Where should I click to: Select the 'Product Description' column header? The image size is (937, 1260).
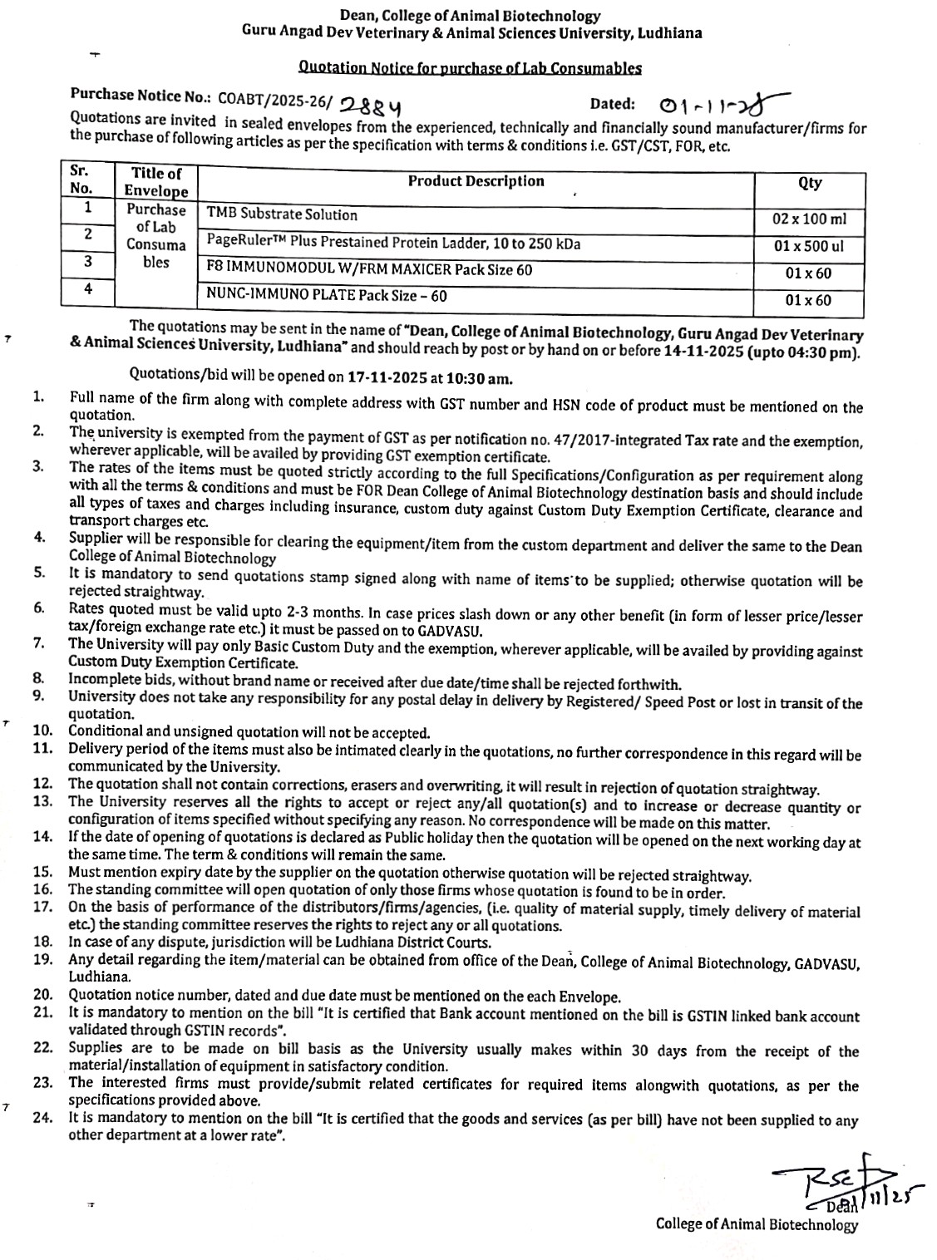point(476,181)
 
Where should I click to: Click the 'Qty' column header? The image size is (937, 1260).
point(809,184)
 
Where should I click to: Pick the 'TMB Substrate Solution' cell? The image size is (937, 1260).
point(282,214)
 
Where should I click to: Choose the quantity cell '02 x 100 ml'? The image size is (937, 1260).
point(809,219)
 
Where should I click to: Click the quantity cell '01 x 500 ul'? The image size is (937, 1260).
point(809,246)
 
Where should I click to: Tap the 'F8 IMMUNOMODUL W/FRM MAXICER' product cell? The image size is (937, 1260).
point(369,269)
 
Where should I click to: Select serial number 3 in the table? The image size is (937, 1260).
point(87,261)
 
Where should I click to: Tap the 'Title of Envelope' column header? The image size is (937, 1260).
point(156,182)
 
